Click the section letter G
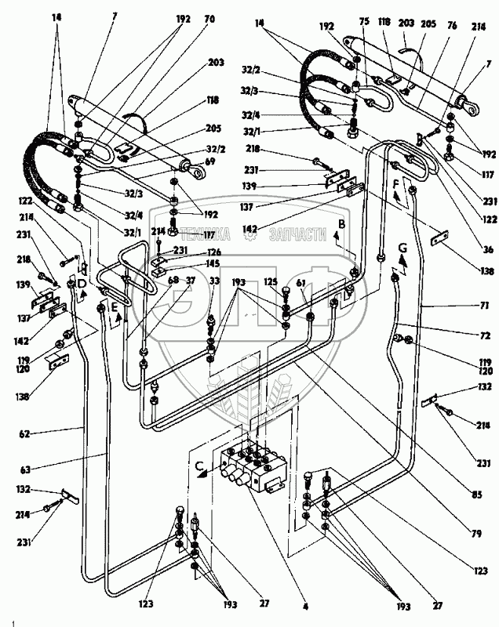click(402, 248)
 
